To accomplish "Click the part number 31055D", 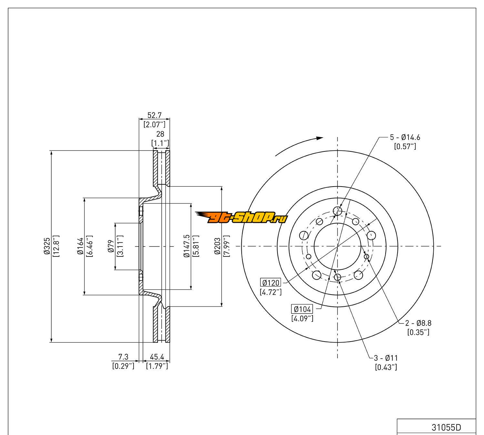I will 446,428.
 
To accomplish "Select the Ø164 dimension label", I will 80,247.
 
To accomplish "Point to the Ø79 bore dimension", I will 111,247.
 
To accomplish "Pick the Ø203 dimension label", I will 217,247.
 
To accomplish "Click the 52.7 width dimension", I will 154,115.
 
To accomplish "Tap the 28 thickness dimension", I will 160,134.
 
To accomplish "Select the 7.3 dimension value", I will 123,357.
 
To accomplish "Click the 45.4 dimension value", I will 157,357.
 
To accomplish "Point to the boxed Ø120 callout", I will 270,283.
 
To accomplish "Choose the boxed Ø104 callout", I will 302,309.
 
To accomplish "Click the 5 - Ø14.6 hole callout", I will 405,137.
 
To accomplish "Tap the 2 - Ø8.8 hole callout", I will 418,323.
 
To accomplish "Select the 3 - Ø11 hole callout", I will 386,358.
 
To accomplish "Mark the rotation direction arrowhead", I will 319,138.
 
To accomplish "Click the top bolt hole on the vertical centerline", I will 338,211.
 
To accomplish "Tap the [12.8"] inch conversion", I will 56,247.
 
